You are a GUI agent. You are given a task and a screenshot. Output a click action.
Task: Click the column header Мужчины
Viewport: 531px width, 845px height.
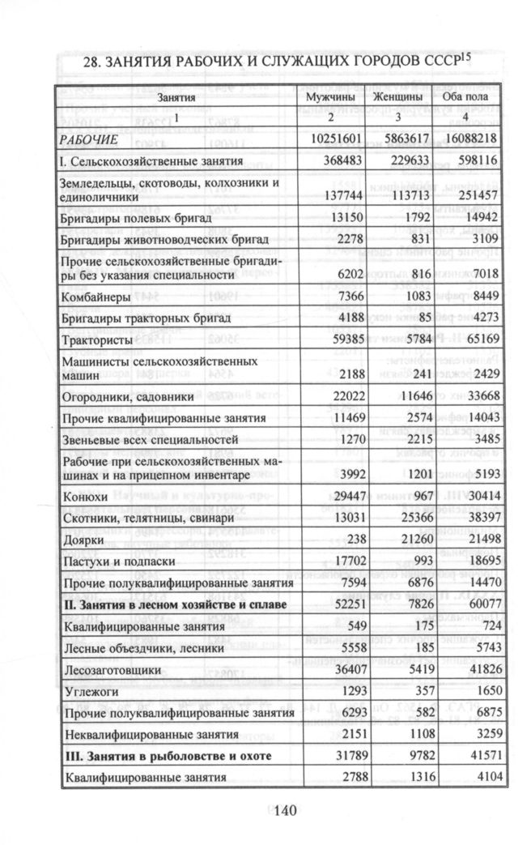(331, 98)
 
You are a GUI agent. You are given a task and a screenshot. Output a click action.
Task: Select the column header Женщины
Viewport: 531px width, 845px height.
(400, 98)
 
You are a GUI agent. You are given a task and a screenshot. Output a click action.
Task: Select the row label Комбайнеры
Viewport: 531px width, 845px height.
(94, 297)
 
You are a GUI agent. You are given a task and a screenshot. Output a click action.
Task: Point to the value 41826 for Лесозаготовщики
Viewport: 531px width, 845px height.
(478, 671)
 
